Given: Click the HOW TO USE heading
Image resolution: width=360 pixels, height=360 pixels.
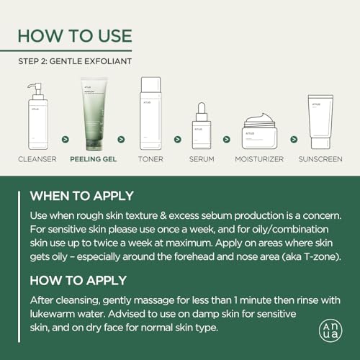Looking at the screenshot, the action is pyautogui.click(x=75, y=36).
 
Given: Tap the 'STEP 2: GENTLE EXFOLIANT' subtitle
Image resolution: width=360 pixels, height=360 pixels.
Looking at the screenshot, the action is pyautogui.click(x=75, y=61).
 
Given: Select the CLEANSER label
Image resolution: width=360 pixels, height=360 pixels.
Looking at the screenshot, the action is pyautogui.click(x=37, y=159).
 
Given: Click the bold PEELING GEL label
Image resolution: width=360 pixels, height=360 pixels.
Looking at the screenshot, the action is pyautogui.click(x=94, y=159).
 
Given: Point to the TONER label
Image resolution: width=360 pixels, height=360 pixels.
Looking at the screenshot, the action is pyautogui.click(x=150, y=159).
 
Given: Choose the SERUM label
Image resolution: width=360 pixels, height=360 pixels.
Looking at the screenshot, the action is pyautogui.click(x=202, y=159).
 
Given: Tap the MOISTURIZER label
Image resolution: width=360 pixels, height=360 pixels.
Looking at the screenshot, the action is pyautogui.click(x=259, y=159).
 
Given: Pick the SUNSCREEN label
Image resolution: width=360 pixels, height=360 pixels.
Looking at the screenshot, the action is pyautogui.click(x=320, y=159).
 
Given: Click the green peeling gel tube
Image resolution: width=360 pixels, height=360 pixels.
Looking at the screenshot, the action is pyautogui.click(x=94, y=114).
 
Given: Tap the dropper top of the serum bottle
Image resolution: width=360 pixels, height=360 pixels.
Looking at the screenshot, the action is pyautogui.click(x=202, y=112).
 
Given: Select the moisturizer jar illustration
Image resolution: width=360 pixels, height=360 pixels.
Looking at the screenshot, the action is pyautogui.click(x=260, y=131).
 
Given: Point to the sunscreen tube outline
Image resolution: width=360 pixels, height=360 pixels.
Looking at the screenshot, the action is pyautogui.click(x=320, y=122).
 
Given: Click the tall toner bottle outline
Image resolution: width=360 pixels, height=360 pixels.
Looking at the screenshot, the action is pyautogui.click(x=150, y=113).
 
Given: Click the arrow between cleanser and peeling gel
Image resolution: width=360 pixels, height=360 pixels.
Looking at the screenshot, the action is pyautogui.click(x=66, y=139).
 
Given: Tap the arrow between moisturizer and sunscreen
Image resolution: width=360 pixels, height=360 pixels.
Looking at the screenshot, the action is pyautogui.click(x=294, y=139).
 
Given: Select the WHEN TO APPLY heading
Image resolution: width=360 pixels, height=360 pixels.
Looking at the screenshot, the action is pyautogui.click(x=81, y=196).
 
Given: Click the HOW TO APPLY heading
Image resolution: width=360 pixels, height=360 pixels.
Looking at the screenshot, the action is pyautogui.click(x=78, y=280).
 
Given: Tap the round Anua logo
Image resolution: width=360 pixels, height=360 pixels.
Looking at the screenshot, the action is pyautogui.click(x=330, y=330).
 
